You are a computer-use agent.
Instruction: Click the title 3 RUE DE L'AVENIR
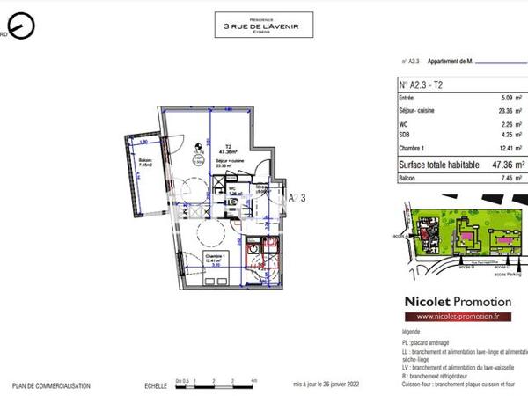pyautogui.click(x=262, y=26)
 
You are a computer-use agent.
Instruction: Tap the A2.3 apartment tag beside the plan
pyautogui.click(x=297, y=198)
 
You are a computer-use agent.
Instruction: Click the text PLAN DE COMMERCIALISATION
pyautogui.click(x=48, y=386)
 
